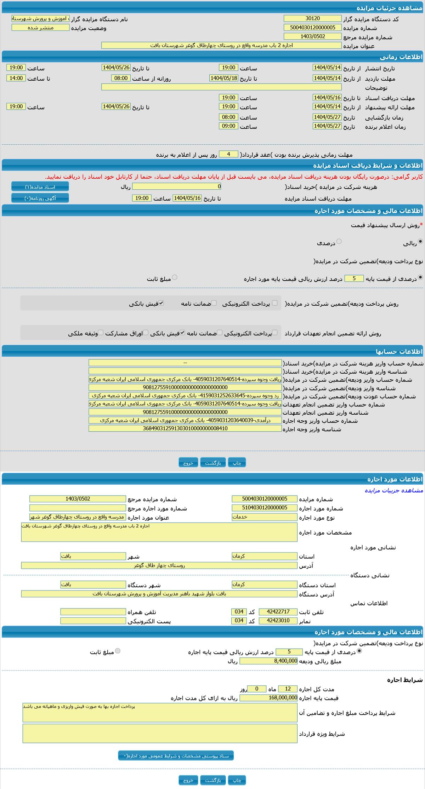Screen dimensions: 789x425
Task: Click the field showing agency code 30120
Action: [312, 18]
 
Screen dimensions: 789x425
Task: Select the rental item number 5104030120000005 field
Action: [265, 508]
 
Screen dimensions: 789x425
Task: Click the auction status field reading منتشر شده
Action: [40, 28]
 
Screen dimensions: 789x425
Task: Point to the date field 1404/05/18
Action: [223, 78]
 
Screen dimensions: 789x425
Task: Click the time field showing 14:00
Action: [16, 78]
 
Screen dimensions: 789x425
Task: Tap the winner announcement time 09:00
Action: [228, 126]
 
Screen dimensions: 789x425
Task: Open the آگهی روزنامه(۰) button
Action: [40, 198]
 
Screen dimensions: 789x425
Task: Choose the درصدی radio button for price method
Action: [339, 241]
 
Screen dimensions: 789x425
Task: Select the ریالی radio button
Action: [420, 241]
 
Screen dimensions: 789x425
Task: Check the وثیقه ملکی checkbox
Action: [101, 333]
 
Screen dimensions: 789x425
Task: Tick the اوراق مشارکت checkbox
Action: [146, 333]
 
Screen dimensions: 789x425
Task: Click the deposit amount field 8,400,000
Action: [268, 661]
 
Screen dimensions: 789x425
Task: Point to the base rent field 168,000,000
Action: [268, 698]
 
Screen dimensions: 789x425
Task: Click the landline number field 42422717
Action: [278, 612]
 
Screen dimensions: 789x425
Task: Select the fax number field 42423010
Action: [278, 621]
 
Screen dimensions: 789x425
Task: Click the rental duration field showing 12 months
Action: [288, 689]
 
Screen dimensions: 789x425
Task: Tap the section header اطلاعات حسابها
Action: [399, 351]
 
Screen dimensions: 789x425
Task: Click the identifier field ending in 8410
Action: [185, 428]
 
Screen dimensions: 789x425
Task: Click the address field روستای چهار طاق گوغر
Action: [159, 565]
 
